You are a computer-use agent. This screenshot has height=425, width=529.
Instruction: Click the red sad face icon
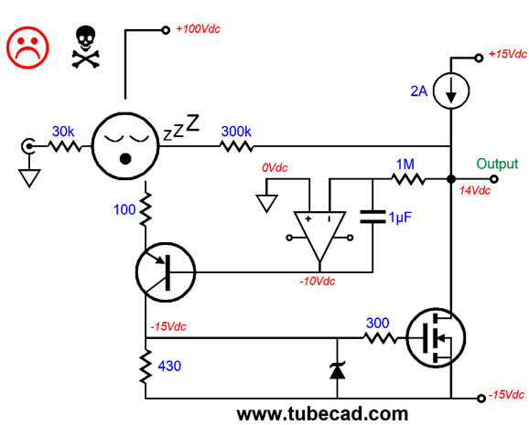tap(27, 48)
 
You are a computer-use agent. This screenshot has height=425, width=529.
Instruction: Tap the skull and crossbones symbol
tap(86, 47)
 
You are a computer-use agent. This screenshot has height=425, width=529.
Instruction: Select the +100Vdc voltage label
tap(199, 29)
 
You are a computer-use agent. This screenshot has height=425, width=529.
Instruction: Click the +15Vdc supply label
tap(508, 54)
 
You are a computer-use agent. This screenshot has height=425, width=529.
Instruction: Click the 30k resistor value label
tap(63, 132)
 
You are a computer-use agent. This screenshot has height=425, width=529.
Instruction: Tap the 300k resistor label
tap(236, 132)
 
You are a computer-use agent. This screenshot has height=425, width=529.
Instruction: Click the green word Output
tap(497, 164)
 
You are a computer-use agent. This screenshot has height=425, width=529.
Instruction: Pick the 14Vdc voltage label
tap(475, 191)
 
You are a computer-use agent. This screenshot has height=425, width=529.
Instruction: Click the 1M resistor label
tap(405, 165)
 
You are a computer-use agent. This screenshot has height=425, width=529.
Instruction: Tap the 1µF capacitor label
tap(400, 218)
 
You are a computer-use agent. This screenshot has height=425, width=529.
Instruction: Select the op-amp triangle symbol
tap(319, 236)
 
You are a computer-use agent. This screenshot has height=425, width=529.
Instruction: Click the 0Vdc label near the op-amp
tap(275, 168)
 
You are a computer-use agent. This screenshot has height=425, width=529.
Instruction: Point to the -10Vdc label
tap(318, 282)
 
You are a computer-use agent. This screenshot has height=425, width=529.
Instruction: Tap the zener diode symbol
tap(338, 371)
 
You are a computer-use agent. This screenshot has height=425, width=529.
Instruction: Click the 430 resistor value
tap(169, 366)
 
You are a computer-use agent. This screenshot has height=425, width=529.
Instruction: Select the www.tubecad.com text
tap(322, 414)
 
